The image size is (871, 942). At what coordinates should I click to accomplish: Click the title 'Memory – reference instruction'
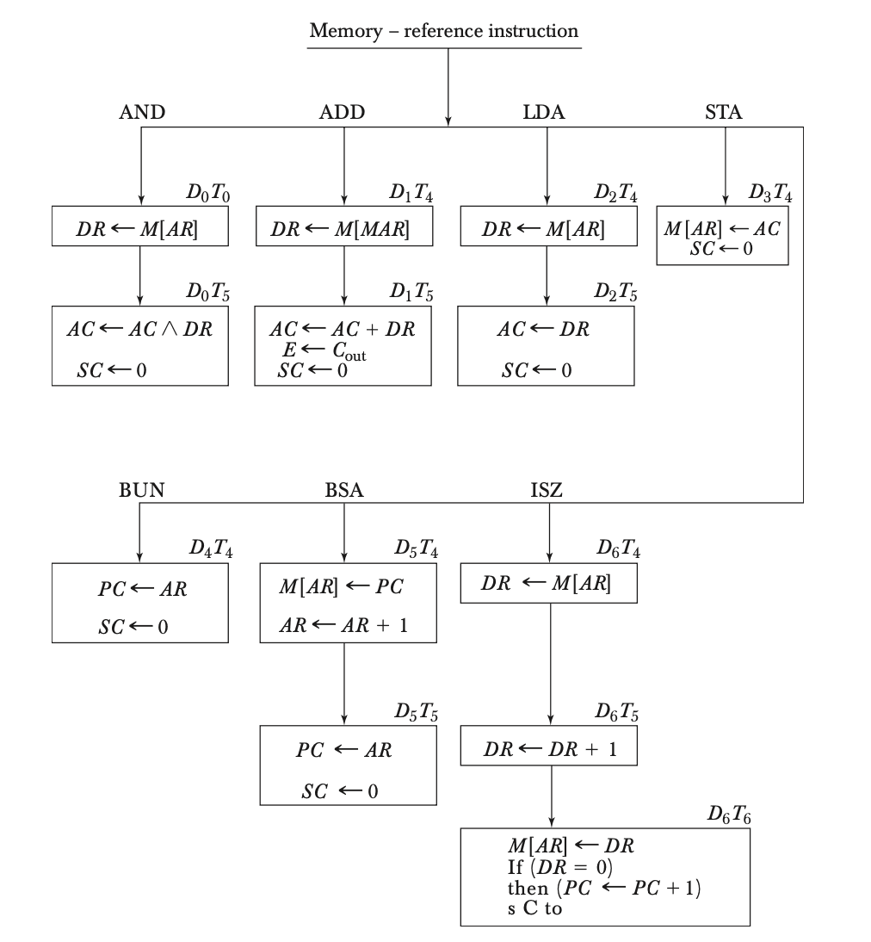(444, 32)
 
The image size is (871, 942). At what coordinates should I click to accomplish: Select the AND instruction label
(142, 112)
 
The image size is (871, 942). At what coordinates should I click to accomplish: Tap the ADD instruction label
(342, 112)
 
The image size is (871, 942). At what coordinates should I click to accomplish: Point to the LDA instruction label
(544, 112)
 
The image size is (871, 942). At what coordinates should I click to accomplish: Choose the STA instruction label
(723, 112)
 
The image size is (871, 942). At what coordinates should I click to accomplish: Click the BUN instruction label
(142, 491)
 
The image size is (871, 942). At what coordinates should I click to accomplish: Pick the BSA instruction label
(344, 491)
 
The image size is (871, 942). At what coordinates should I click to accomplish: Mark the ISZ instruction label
(547, 491)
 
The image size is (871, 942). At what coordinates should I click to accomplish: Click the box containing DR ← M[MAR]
(343, 230)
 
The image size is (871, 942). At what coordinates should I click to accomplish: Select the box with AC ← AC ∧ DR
(140, 345)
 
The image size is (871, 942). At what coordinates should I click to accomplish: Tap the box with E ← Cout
(343, 345)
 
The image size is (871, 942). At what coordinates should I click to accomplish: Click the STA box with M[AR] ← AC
(722, 235)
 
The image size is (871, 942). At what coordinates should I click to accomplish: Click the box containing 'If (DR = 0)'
(605, 876)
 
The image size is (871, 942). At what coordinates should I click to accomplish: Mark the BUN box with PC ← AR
(140, 602)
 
